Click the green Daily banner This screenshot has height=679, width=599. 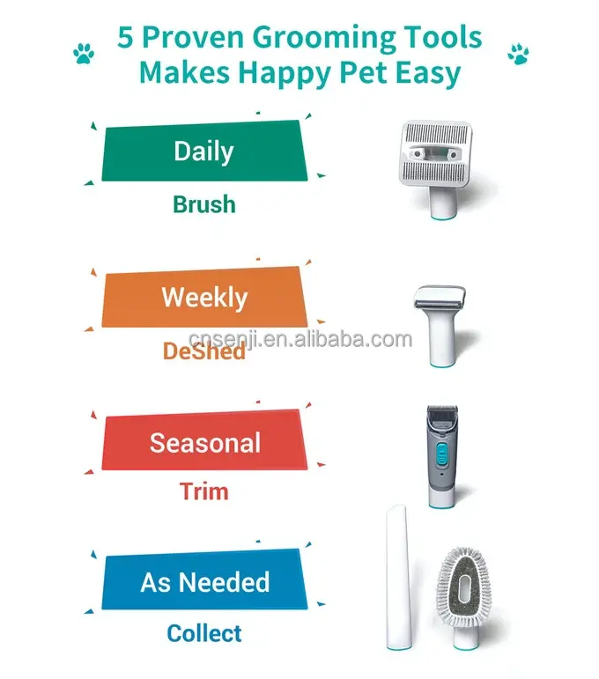(x=204, y=151)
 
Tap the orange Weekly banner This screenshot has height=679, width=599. (x=204, y=298)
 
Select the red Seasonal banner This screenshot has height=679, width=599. (x=204, y=441)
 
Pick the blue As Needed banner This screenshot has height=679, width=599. (x=204, y=582)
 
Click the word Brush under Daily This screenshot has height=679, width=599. (x=204, y=204)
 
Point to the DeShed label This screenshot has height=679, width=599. (x=204, y=351)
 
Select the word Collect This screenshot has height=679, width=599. (x=204, y=632)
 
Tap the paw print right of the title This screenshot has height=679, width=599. (x=518, y=55)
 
